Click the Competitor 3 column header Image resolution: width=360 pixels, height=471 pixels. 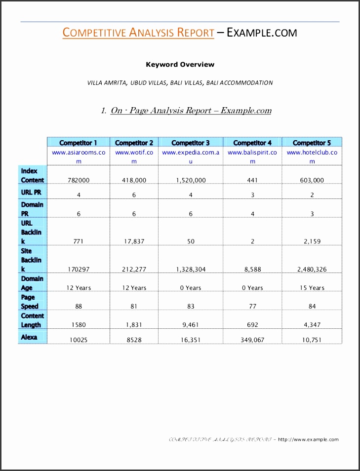point(191,143)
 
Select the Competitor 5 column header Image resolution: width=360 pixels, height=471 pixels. point(312,143)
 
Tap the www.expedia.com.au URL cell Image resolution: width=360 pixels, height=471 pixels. point(191,157)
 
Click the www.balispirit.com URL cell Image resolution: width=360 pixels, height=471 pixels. point(252,157)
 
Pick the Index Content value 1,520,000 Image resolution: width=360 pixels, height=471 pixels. point(191,180)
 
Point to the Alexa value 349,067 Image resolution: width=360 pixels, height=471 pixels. point(252,340)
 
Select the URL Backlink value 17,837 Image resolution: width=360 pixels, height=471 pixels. point(134,241)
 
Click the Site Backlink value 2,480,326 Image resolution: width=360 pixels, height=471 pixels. point(312,269)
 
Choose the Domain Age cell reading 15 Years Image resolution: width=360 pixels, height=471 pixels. point(312,288)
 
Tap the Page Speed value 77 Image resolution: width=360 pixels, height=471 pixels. point(252,306)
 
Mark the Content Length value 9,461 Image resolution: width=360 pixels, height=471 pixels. point(191,325)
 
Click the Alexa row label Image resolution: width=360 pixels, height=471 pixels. point(29,337)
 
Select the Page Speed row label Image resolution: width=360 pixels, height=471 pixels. point(30,302)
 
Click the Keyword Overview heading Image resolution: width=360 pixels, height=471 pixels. point(180,64)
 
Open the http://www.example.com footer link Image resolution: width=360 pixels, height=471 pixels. point(309,439)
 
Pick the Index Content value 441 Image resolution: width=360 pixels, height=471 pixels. point(252,180)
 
